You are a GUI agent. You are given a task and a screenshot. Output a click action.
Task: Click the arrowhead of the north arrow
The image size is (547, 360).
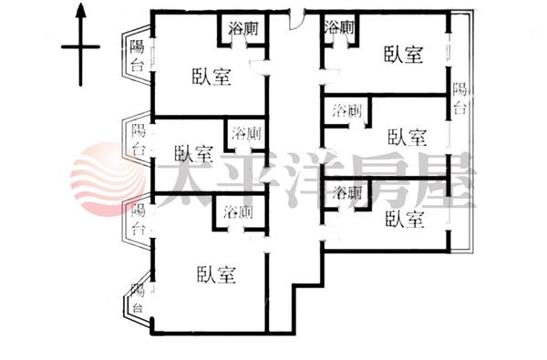tap(81, 10)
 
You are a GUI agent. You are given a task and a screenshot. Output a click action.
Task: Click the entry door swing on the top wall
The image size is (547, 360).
tap(297, 21)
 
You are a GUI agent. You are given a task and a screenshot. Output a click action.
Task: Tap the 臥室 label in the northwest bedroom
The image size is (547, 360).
tap(212, 77)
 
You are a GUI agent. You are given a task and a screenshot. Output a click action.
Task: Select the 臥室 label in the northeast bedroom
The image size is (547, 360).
tap(403, 55)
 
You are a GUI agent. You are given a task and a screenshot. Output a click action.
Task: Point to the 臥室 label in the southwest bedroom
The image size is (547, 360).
tap(216, 274)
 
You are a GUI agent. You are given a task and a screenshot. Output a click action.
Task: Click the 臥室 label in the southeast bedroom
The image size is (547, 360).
tap(405, 219)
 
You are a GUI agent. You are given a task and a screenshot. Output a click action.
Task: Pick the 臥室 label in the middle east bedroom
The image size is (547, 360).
tap(408, 137)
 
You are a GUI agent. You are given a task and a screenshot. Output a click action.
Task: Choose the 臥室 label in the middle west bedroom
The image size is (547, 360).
tap(193, 153)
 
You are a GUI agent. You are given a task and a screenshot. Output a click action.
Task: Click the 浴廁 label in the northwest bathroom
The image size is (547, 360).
tap(243, 28)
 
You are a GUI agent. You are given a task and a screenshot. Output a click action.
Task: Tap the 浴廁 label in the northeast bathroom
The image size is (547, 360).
tap(339, 26)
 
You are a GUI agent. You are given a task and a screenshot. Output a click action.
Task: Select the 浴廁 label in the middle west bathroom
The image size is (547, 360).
tap(247, 133)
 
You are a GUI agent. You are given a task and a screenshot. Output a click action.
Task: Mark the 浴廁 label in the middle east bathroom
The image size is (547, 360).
tap(346, 110)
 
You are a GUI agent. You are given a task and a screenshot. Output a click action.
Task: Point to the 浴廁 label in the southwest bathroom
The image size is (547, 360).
tap(238, 211)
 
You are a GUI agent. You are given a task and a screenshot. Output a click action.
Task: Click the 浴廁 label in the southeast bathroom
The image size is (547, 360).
tap(347, 192)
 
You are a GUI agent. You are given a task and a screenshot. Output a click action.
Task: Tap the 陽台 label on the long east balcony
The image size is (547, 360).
tap(459, 98)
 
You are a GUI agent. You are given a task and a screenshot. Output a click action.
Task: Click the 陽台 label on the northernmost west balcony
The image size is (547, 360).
tap(137, 56)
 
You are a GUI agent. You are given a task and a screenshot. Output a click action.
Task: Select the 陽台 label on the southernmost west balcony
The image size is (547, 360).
tap(138, 298)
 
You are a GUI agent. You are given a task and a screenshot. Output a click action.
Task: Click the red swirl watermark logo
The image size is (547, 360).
tap(108, 179)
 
